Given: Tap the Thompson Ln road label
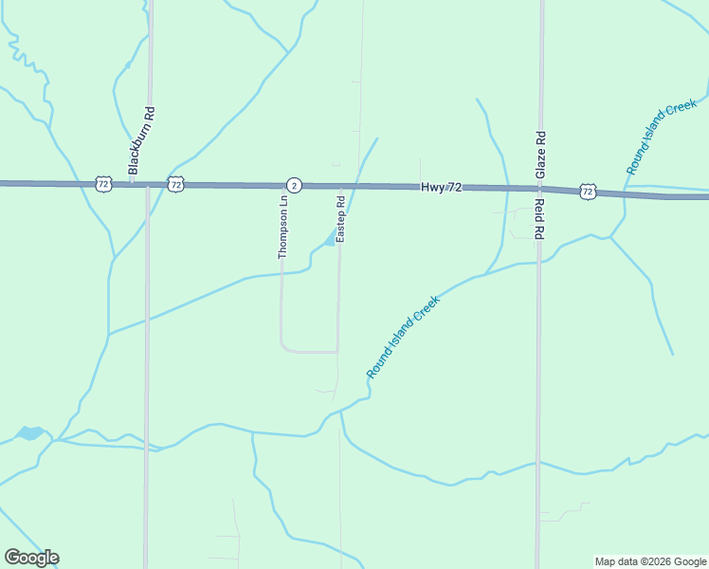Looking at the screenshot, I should click(282, 228).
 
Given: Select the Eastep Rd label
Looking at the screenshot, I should click(340, 218).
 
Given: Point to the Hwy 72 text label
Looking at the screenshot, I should click(441, 188).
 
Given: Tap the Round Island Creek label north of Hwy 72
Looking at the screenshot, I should click(661, 137).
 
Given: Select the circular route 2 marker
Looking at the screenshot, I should click(294, 185).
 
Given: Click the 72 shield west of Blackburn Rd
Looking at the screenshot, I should click(103, 183).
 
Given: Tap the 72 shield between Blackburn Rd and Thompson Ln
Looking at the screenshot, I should click(175, 184).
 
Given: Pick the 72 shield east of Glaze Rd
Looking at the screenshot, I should click(588, 192).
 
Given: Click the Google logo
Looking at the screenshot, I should click(31, 558).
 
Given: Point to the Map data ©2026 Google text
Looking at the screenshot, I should click(649, 561).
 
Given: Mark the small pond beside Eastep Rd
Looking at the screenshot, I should click(330, 240).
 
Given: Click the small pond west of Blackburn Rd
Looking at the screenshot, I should click(28, 433).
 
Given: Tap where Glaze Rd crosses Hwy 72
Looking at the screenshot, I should click(539, 190).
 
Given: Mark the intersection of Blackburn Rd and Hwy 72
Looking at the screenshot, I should click(148, 184).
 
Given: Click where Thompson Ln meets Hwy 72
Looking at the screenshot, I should click(283, 186).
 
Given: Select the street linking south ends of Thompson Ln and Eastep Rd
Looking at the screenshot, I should click(310, 351).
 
